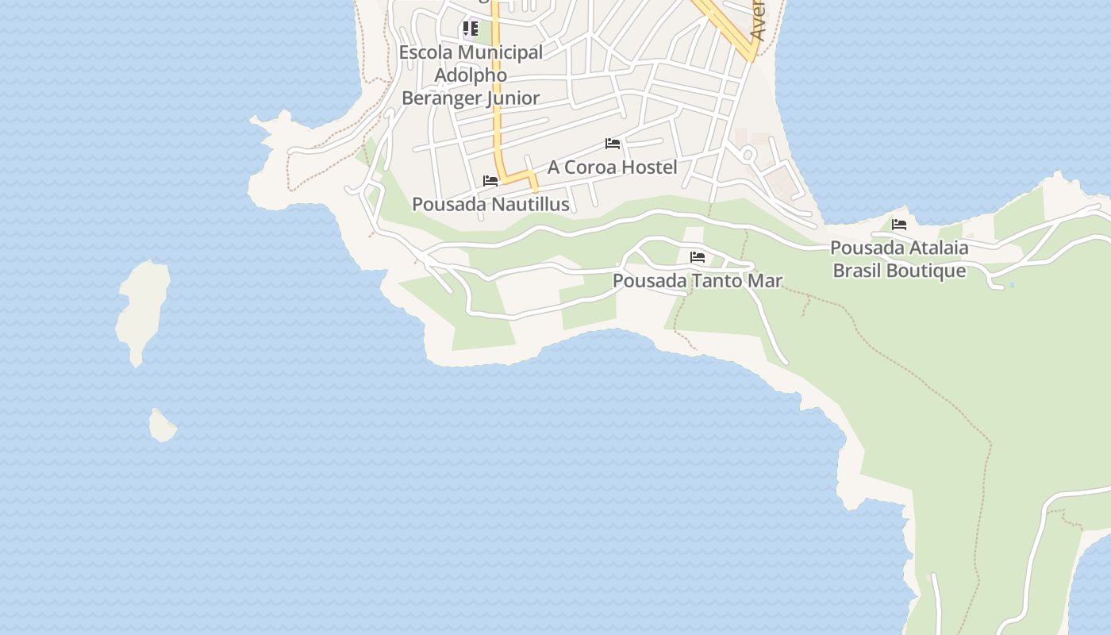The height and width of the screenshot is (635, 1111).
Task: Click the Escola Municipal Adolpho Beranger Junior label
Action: [x=471, y=75]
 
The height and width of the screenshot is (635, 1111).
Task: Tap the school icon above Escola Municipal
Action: [x=471, y=29]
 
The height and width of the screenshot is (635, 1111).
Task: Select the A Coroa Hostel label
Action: [x=612, y=167]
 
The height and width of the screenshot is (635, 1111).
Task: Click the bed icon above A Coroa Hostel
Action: [x=613, y=144]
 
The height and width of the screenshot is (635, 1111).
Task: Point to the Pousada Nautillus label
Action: [x=490, y=205]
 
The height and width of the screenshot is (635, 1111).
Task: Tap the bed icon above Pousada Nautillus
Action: [x=490, y=181]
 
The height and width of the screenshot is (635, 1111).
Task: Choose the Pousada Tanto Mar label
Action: [x=697, y=281]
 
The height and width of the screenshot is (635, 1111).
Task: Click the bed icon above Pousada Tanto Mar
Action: [x=698, y=257]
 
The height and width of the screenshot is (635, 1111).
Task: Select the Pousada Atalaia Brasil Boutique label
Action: [x=899, y=260]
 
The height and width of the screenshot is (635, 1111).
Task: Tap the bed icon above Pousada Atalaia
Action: [x=899, y=225]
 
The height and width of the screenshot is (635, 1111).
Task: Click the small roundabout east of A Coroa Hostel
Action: [x=748, y=154]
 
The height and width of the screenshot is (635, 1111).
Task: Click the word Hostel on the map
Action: [x=649, y=167]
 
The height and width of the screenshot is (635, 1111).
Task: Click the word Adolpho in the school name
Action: [x=471, y=75]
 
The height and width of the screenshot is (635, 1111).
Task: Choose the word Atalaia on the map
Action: [x=933, y=248]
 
